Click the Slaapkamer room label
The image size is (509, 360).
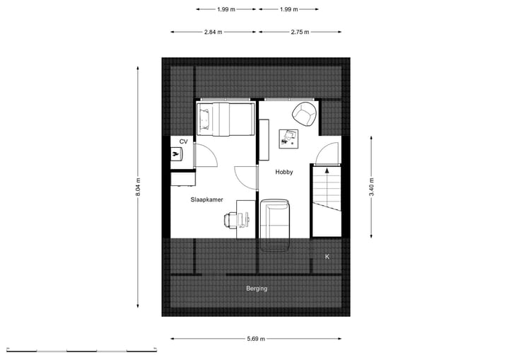click(x=206, y=200)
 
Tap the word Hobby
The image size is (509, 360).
click(x=283, y=172)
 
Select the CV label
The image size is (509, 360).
click(x=183, y=141)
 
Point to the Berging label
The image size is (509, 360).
click(x=257, y=289)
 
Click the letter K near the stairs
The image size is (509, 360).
click(x=327, y=256)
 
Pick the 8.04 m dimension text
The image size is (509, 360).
click(x=139, y=187)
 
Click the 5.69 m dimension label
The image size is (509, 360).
click(x=257, y=339)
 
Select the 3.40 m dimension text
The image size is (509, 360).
click(x=372, y=187)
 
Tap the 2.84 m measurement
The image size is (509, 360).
click(x=213, y=32)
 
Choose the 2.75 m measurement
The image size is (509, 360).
click(x=300, y=32)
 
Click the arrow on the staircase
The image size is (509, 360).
click(x=327, y=170)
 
